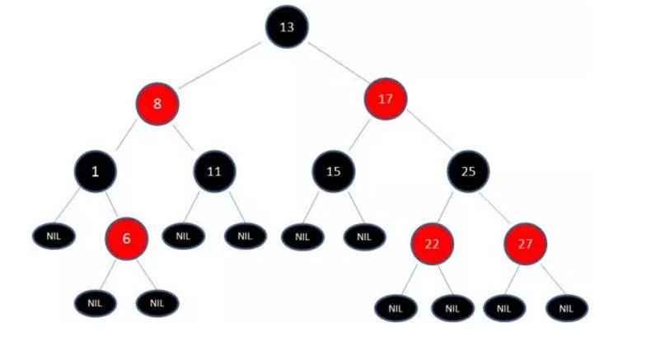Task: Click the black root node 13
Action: [286, 27]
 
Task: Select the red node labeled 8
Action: [157, 105]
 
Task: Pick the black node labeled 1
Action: [95, 171]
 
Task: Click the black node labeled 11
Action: [214, 171]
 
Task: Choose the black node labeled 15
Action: [333, 171]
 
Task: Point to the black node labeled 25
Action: [468, 171]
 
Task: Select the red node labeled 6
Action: [126, 239]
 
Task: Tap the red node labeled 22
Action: [433, 245]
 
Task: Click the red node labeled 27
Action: [525, 245]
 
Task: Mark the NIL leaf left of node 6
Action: [54, 236]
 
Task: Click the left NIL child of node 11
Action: [183, 236]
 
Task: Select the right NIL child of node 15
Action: [364, 237]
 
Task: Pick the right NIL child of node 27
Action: [566, 309]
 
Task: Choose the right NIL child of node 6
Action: [157, 302]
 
